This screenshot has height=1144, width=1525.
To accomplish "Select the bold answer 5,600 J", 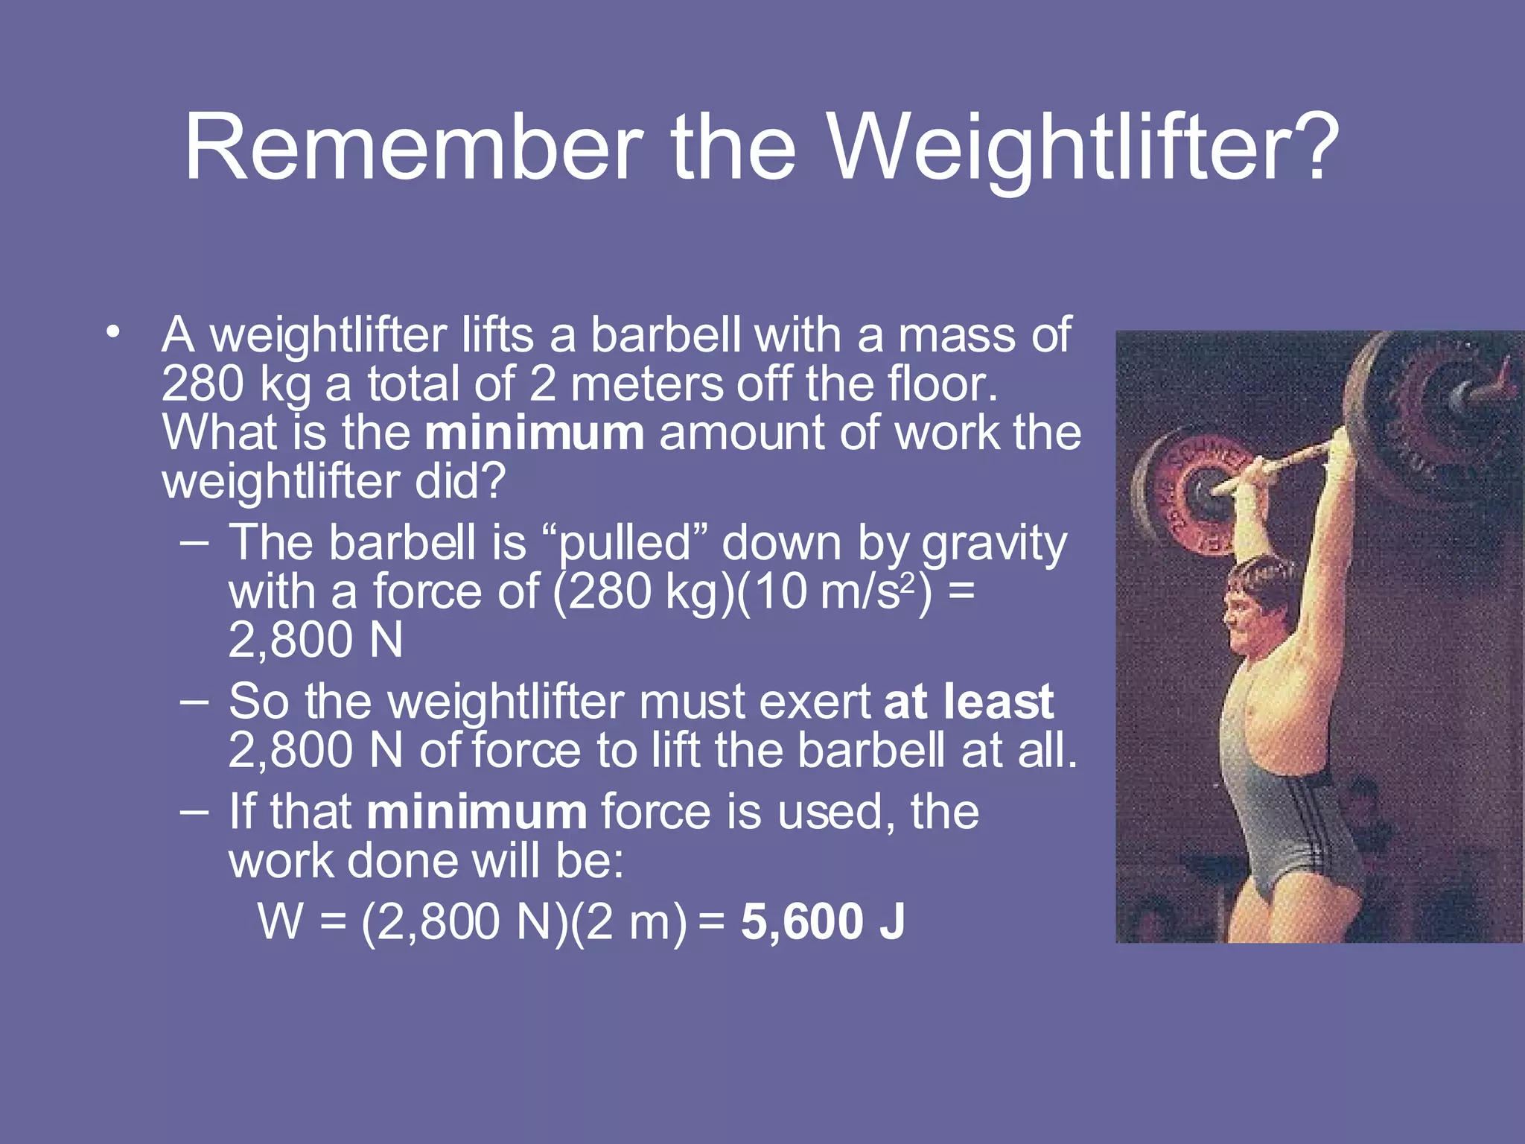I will [823, 921].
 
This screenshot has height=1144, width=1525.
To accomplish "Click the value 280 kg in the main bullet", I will [236, 385].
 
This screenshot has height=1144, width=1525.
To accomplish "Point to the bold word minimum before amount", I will [534, 433].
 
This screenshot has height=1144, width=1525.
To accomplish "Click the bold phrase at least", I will [969, 702].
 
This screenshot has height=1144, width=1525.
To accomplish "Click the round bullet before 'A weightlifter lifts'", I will [112, 333].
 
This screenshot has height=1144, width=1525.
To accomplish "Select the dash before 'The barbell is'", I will [194, 542].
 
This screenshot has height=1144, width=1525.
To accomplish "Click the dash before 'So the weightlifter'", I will [194, 701].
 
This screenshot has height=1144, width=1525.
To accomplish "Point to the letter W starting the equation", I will [280, 922].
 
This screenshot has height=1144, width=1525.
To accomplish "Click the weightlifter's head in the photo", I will [1258, 603].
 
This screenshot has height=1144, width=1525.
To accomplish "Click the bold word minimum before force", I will [477, 812].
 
